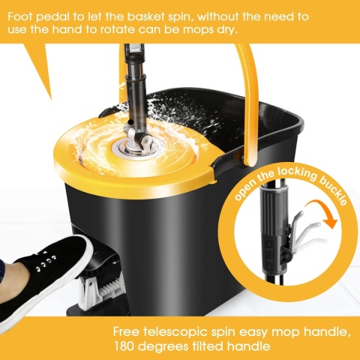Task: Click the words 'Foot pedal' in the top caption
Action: click(38, 17)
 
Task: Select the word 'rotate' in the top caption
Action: click(117, 30)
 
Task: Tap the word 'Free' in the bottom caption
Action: click(126, 331)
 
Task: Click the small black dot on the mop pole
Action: click(130, 121)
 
